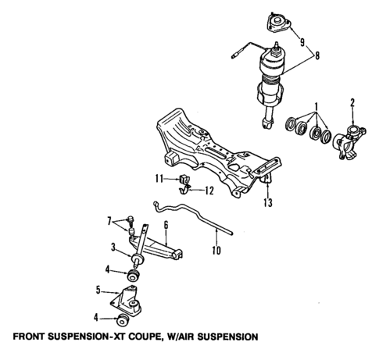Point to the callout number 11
pyautogui.click(x=159, y=179)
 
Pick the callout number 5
pyautogui.click(x=98, y=290)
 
